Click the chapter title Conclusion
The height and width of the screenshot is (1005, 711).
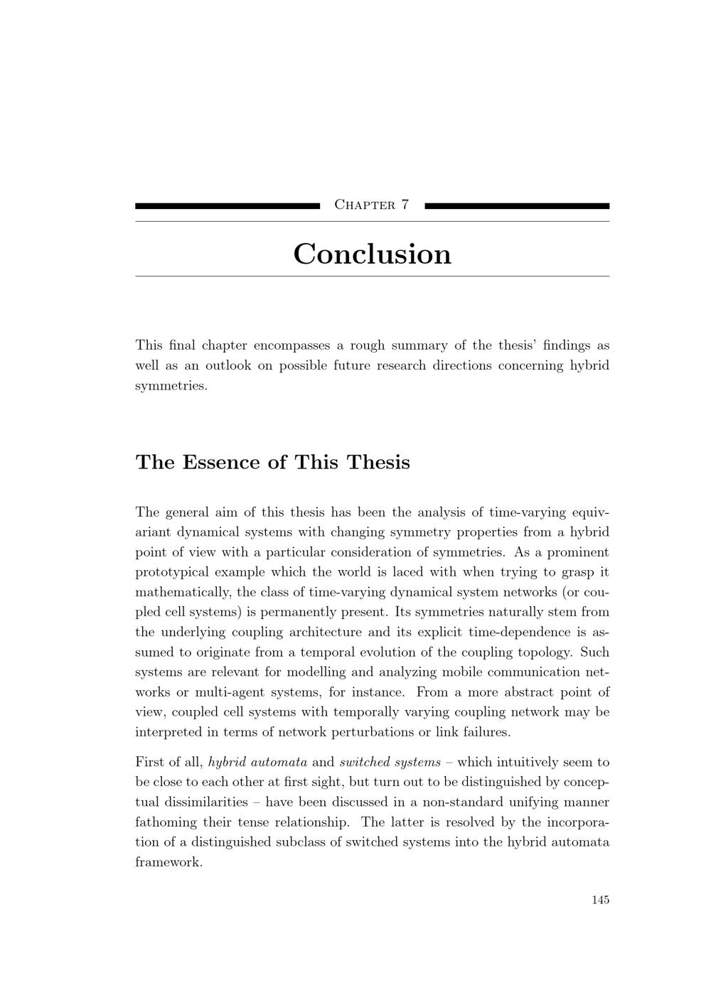[372, 254]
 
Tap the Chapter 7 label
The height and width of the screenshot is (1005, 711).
[372, 205]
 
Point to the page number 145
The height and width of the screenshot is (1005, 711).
[600, 900]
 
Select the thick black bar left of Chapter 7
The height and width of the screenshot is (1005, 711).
[228, 206]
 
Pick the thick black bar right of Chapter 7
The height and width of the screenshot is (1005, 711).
[517, 206]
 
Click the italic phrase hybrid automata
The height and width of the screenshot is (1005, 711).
[257, 762]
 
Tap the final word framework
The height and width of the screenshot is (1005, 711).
[169, 862]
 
